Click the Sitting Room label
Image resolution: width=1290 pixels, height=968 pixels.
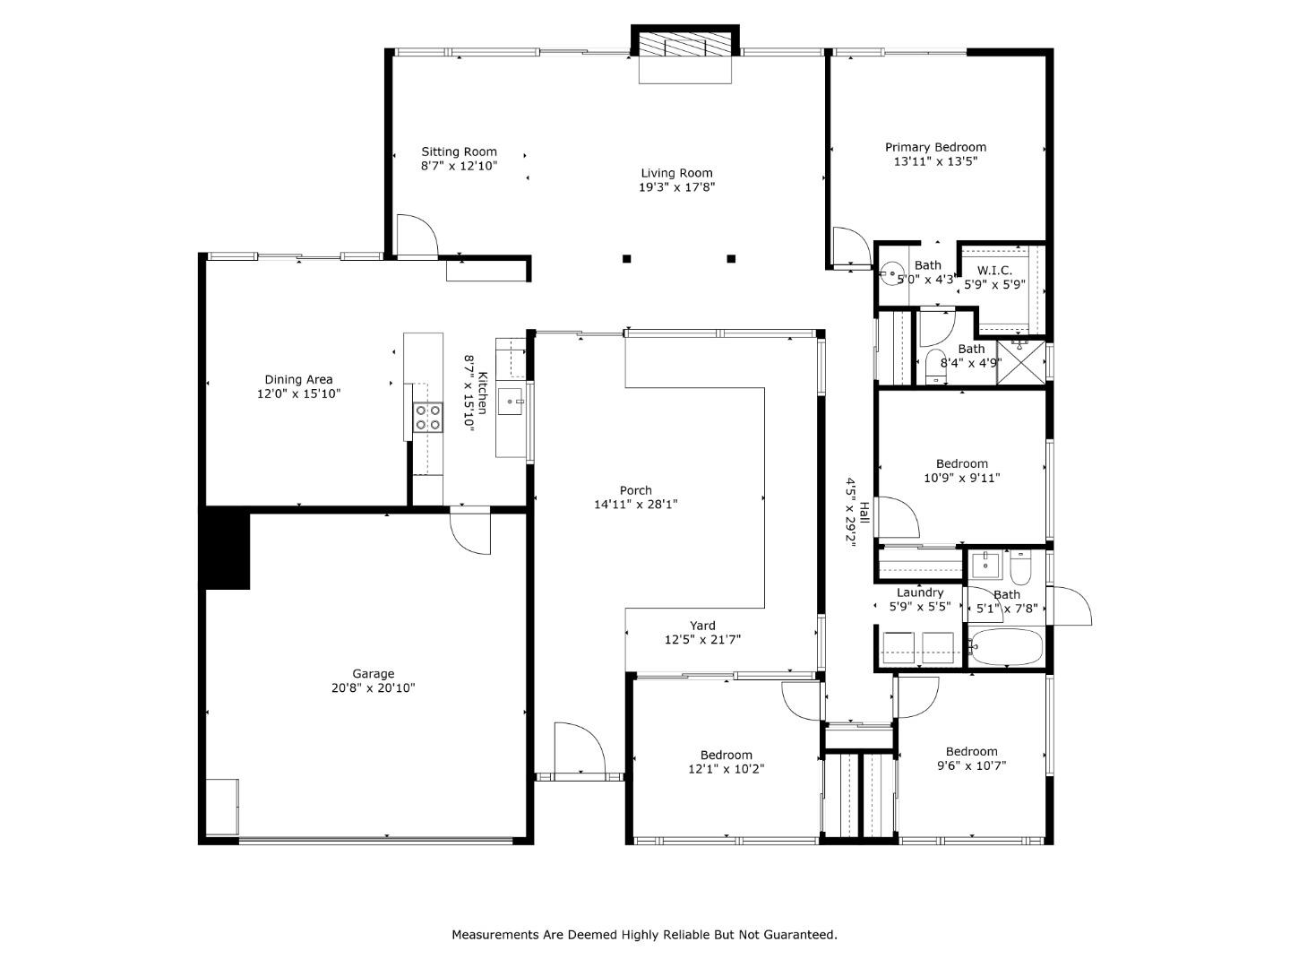coord(459,151)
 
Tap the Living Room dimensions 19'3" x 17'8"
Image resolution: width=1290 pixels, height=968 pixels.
coord(676,187)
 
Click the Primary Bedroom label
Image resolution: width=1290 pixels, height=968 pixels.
coord(935,147)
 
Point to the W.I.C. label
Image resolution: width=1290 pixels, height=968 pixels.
coord(994,271)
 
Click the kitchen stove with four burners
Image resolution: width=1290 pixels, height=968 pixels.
coord(427,419)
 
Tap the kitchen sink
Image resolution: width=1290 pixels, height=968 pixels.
coord(512,402)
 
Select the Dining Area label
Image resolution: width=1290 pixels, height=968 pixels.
coord(298,379)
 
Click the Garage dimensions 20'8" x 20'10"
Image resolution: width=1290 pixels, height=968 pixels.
coord(373,688)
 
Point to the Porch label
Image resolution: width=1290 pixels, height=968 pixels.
coord(636,490)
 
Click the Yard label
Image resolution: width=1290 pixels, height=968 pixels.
coord(702,626)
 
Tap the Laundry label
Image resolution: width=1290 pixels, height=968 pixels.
coord(920,592)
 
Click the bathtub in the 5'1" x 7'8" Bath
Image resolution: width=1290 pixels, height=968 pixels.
coord(1007,647)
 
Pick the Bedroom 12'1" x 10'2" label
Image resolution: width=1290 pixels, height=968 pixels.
coord(726,755)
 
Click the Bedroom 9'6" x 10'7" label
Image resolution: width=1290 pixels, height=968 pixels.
coord(971,751)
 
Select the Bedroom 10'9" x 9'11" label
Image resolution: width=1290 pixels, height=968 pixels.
coord(962,463)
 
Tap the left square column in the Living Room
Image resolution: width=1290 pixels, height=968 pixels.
coord(627,259)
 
